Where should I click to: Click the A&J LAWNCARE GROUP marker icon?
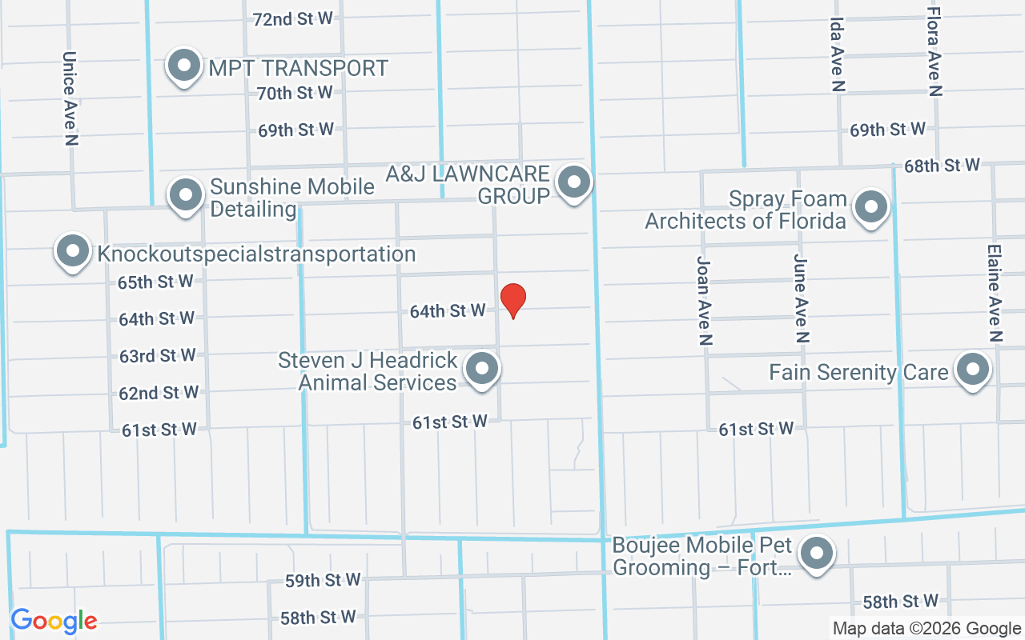click(573, 182)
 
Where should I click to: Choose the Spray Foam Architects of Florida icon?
click(871, 207)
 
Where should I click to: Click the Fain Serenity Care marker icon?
click(973, 370)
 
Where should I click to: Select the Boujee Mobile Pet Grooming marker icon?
click(817, 553)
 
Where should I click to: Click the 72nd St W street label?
click(292, 19)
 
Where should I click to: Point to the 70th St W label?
click(295, 93)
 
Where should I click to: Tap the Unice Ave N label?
click(70, 98)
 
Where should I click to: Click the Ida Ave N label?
click(838, 54)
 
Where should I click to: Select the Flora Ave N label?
click(934, 51)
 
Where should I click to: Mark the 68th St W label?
click(942, 166)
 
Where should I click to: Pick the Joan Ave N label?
click(705, 300)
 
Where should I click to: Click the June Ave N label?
click(800, 298)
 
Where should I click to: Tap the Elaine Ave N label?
click(995, 293)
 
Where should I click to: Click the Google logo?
click(54, 621)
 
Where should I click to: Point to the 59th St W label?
click(323, 580)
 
